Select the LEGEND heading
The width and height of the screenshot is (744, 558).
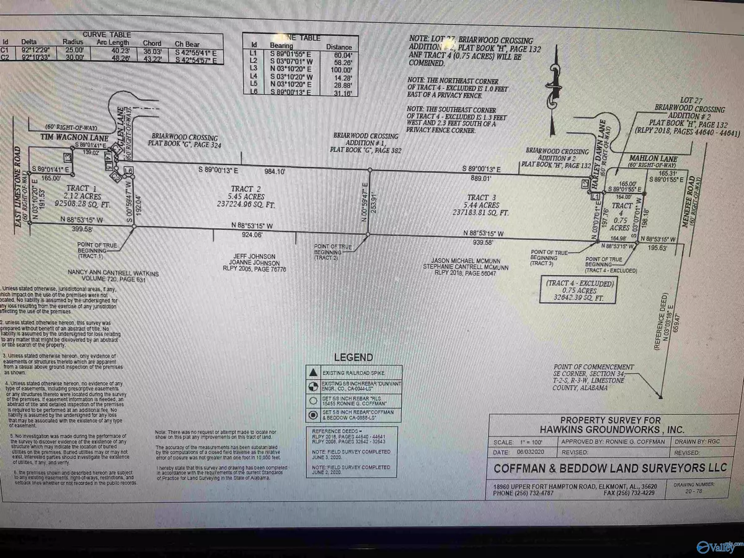coord(353,357)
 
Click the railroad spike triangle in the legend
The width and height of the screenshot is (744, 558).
coord(314,372)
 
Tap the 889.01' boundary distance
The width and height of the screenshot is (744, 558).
coord(482,177)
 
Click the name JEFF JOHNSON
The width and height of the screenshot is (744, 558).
coord(246,255)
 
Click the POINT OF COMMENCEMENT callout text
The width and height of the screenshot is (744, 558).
coord(594,367)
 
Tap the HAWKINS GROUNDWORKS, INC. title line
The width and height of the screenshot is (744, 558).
coord(611,429)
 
